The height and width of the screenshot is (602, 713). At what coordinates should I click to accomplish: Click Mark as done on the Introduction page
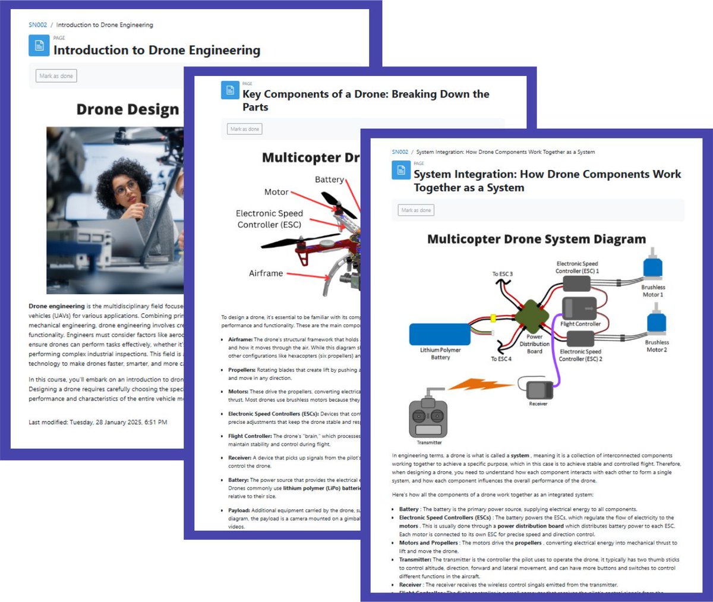(x=56, y=76)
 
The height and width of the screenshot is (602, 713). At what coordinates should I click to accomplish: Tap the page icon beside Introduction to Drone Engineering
(x=39, y=46)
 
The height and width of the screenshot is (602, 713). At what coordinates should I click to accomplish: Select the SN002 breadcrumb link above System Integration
(x=400, y=152)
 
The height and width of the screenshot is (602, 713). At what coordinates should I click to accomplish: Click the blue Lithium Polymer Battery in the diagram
(x=440, y=334)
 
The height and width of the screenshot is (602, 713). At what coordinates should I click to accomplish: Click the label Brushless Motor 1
(x=652, y=291)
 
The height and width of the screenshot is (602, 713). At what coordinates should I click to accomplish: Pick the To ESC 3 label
(x=502, y=274)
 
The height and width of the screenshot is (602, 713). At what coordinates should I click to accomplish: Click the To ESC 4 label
(x=501, y=359)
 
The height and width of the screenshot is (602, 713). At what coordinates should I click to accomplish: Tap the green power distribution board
(x=532, y=316)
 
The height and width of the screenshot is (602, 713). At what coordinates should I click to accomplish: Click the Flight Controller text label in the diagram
(x=581, y=324)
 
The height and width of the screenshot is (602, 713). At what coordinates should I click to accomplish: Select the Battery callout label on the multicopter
(x=329, y=179)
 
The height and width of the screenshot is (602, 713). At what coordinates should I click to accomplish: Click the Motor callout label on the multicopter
(x=276, y=192)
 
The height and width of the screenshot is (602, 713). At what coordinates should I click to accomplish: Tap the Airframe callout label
(x=266, y=273)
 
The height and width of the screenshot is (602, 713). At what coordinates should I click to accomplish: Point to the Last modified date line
(x=98, y=422)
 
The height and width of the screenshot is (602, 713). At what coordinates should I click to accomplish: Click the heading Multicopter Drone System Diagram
(x=536, y=239)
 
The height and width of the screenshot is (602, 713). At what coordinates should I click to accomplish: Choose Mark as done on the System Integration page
(x=416, y=210)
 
